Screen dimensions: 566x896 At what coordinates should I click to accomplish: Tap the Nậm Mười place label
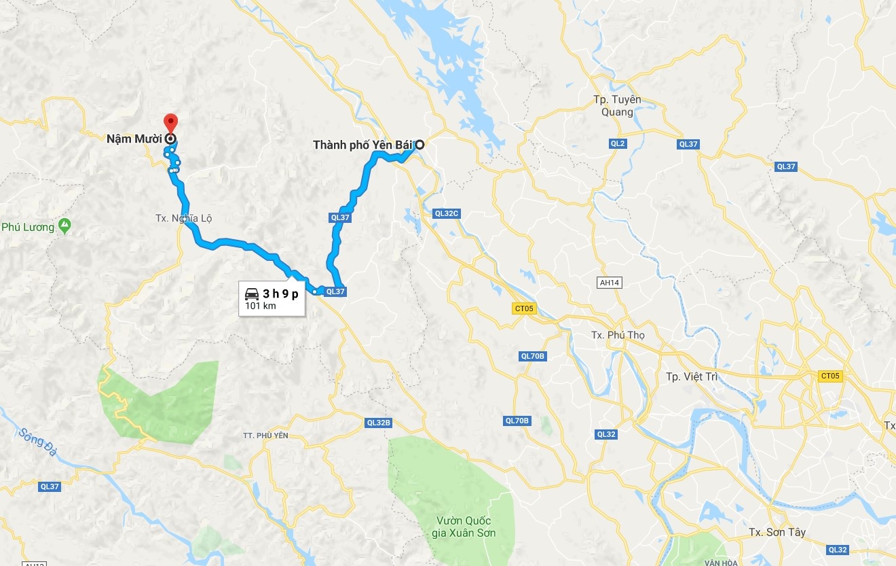tap(134, 139)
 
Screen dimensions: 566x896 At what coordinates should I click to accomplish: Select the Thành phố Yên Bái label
tap(363, 145)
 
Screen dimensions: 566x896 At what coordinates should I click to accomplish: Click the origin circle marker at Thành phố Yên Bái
tap(420, 144)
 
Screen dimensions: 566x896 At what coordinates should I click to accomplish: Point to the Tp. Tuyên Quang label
tap(617, 106)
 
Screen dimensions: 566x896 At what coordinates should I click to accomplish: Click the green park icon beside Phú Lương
tap(64, 224)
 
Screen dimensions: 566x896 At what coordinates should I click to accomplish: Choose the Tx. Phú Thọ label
tap(618, 335)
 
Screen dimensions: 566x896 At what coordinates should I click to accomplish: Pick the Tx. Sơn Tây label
tap(777, 532)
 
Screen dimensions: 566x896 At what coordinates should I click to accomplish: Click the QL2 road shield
tap(617, 144)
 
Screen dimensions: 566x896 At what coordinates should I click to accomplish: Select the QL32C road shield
tap(447, 213)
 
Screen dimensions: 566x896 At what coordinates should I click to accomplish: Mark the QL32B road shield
tap(378, 423)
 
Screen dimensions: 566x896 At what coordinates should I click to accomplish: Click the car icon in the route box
tap(252, 294)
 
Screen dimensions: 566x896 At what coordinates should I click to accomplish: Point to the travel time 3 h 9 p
tap(280, 294)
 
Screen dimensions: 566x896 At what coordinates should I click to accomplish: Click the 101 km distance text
tap(261, 306)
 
